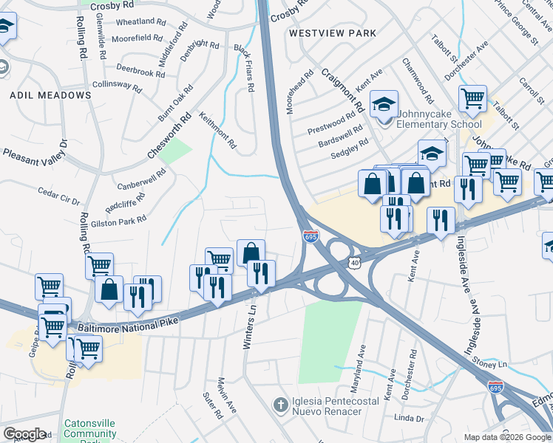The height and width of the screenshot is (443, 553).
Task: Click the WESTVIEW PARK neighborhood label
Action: coord(333,33)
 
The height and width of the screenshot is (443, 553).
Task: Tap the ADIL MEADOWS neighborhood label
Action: coord(50,95)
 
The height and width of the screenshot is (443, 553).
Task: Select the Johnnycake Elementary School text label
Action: coord(439,119)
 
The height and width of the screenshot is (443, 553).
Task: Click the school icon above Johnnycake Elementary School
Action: coord(384,104)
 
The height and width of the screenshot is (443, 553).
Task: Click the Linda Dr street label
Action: coord(409,419)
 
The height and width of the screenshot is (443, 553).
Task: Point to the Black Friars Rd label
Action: coord(245,67)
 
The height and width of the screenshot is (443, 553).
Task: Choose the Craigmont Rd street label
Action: coord(343,90)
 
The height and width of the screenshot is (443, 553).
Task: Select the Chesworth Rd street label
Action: coord(170,136)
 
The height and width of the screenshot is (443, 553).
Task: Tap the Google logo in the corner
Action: coord(24,434)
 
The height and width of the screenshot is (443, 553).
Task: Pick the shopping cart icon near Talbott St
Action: coord(472,97)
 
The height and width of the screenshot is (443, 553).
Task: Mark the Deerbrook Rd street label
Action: coord(140,72)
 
